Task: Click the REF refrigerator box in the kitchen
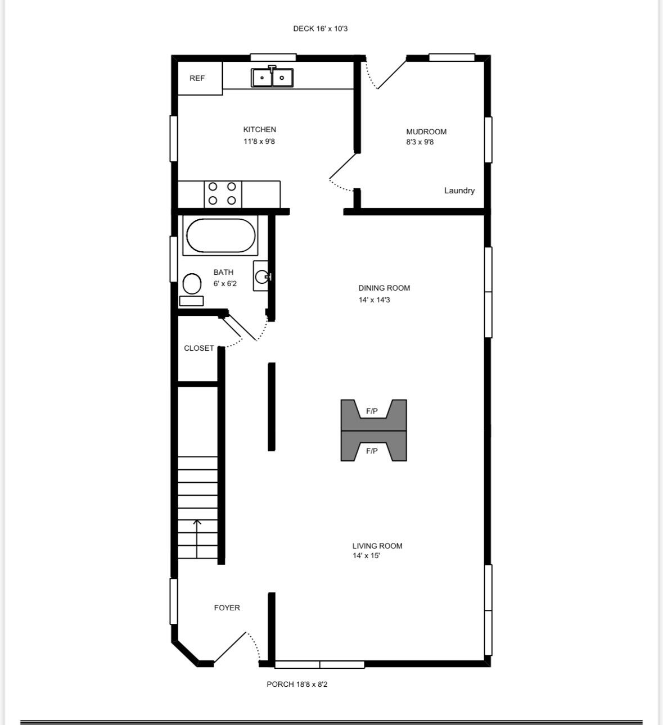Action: (200, 78)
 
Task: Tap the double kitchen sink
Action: (272, 77)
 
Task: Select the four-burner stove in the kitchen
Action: (223, 194)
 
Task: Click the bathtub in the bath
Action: (220, 235)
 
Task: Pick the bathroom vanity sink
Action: (261, 276)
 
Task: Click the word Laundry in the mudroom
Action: (459, 191)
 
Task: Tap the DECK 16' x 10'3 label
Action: (320, 29)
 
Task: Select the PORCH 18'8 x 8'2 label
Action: (297, 684)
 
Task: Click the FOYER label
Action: (227, 608)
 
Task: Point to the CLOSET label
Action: (199, 348)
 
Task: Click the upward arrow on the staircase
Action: (197, 539)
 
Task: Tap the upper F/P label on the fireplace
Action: (372, 411)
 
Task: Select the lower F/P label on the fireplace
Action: (372, 451)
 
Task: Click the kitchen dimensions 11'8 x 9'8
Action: (259, 141)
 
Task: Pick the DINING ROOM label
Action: (384, 288)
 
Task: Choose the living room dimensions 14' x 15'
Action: (367, 555)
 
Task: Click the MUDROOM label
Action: (426, 132)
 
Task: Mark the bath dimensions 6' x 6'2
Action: (224, 284)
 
